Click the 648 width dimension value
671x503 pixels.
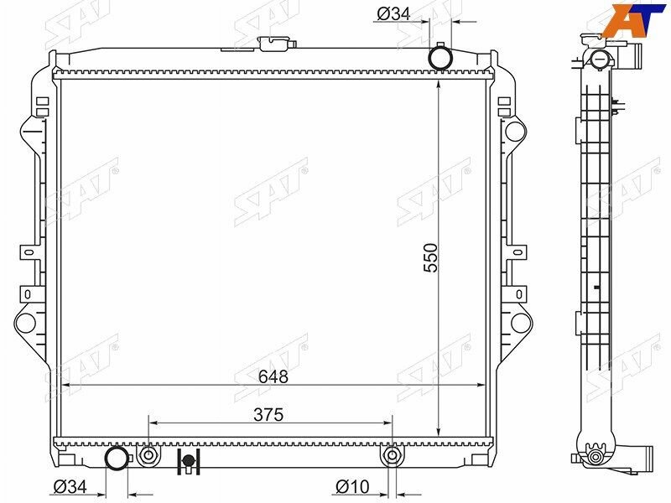click(273, 376)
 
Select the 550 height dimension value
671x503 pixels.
click(431, 258)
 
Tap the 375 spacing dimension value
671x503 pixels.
click(268, 414)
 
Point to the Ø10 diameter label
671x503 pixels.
click(352, 487)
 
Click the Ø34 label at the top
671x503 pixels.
click(393, 14)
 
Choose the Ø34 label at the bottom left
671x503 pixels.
click(70, 486)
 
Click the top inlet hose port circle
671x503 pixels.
click(440, 57)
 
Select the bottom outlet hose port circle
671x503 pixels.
click(117, 459)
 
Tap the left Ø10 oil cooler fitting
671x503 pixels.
click(148, 455)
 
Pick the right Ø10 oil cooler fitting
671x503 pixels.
click(391, 455)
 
